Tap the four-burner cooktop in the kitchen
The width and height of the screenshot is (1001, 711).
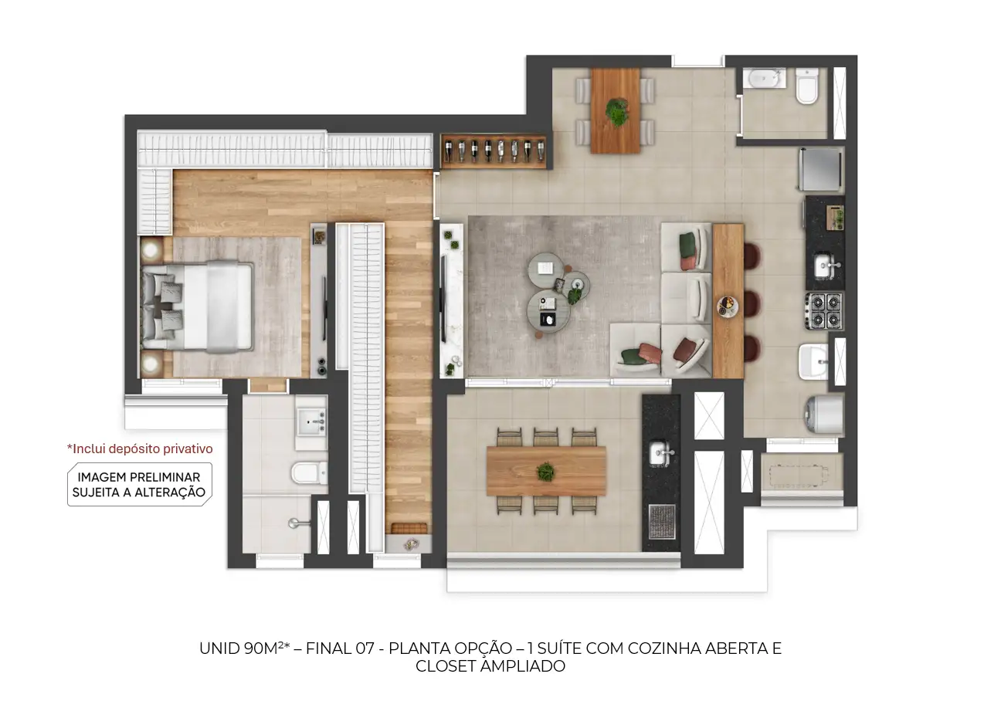[x=825, y=311]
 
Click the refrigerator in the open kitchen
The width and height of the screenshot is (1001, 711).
[x=821, y=169]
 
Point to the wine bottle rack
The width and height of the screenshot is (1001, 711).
[x=494, y=151]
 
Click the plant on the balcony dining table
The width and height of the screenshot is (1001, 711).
[x=545, y=472]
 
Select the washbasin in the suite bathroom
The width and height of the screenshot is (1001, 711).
[x=312, y=422]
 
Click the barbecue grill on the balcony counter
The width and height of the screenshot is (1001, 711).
[x=662, y=522]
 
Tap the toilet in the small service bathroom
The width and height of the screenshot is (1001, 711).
[x=807, y=85]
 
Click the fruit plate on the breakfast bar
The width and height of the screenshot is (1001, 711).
[x=728, y=306]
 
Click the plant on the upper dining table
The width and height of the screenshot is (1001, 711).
[x=617, y=112]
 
